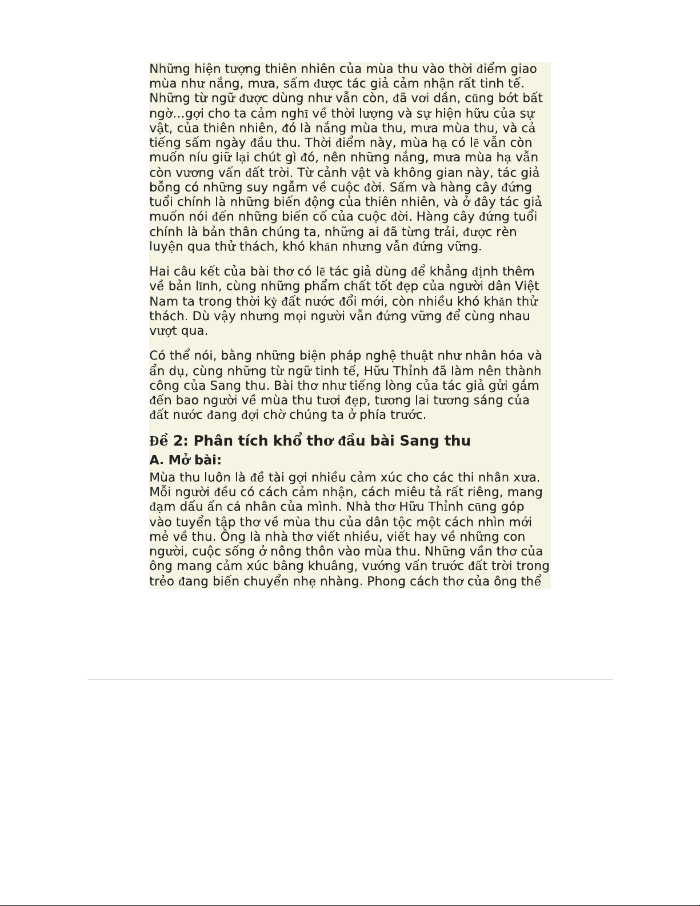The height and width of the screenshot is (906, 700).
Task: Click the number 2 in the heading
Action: pyautogui.click(x=180, y=441)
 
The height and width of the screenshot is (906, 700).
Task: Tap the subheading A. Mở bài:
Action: pyautogui.click(x=185, y=460)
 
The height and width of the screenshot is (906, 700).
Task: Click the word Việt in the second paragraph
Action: pyautogui.click(x=527, y=286)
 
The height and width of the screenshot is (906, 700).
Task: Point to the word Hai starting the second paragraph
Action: pyautogui.click(x=159, y=272)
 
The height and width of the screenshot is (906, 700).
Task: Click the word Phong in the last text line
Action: pyautogui.click(x=387, y=581)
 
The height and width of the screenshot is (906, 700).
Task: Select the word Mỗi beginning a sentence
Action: pyautogui.click(x=160, y=492)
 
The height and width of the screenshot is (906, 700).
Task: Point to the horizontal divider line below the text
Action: pyautogui.click(x=350, y=680)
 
